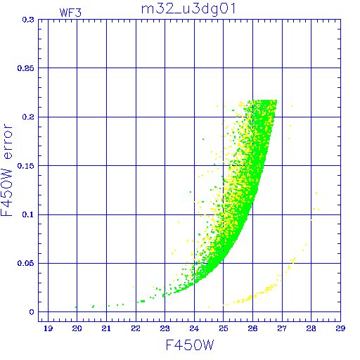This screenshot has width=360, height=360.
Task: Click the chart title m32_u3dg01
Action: [188, 9]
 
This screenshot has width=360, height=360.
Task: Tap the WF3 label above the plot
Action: [70, 13]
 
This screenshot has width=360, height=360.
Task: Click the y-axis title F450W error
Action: [6, 169]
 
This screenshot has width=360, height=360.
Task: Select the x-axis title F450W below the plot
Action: [190, 345]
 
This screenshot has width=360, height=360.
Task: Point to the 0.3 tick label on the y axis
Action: [28, 20]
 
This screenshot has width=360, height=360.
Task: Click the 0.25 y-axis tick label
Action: [26, 68]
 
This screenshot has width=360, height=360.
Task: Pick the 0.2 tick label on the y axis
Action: [28, 117]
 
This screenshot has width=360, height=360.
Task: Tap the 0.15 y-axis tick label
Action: [26, 166]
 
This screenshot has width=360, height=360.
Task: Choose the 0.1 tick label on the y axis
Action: [28, 214]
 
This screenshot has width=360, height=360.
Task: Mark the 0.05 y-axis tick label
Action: [26, 263]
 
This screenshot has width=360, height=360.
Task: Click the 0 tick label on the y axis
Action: [32, 312]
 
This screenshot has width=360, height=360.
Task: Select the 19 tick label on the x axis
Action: [48, 328]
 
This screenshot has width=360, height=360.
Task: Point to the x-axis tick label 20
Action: [77, 328]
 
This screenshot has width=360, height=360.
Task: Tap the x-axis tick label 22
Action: [136, 328]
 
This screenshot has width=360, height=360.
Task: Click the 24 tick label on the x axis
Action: [194, 328]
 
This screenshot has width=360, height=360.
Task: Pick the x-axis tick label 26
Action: [252, 328]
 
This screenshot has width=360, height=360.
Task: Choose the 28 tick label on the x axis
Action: [311, 328]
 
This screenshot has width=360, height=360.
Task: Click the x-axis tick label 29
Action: [340, 328]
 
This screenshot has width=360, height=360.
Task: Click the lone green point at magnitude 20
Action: [76, 307]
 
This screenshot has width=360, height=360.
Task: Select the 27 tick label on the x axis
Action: [282, 328]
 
